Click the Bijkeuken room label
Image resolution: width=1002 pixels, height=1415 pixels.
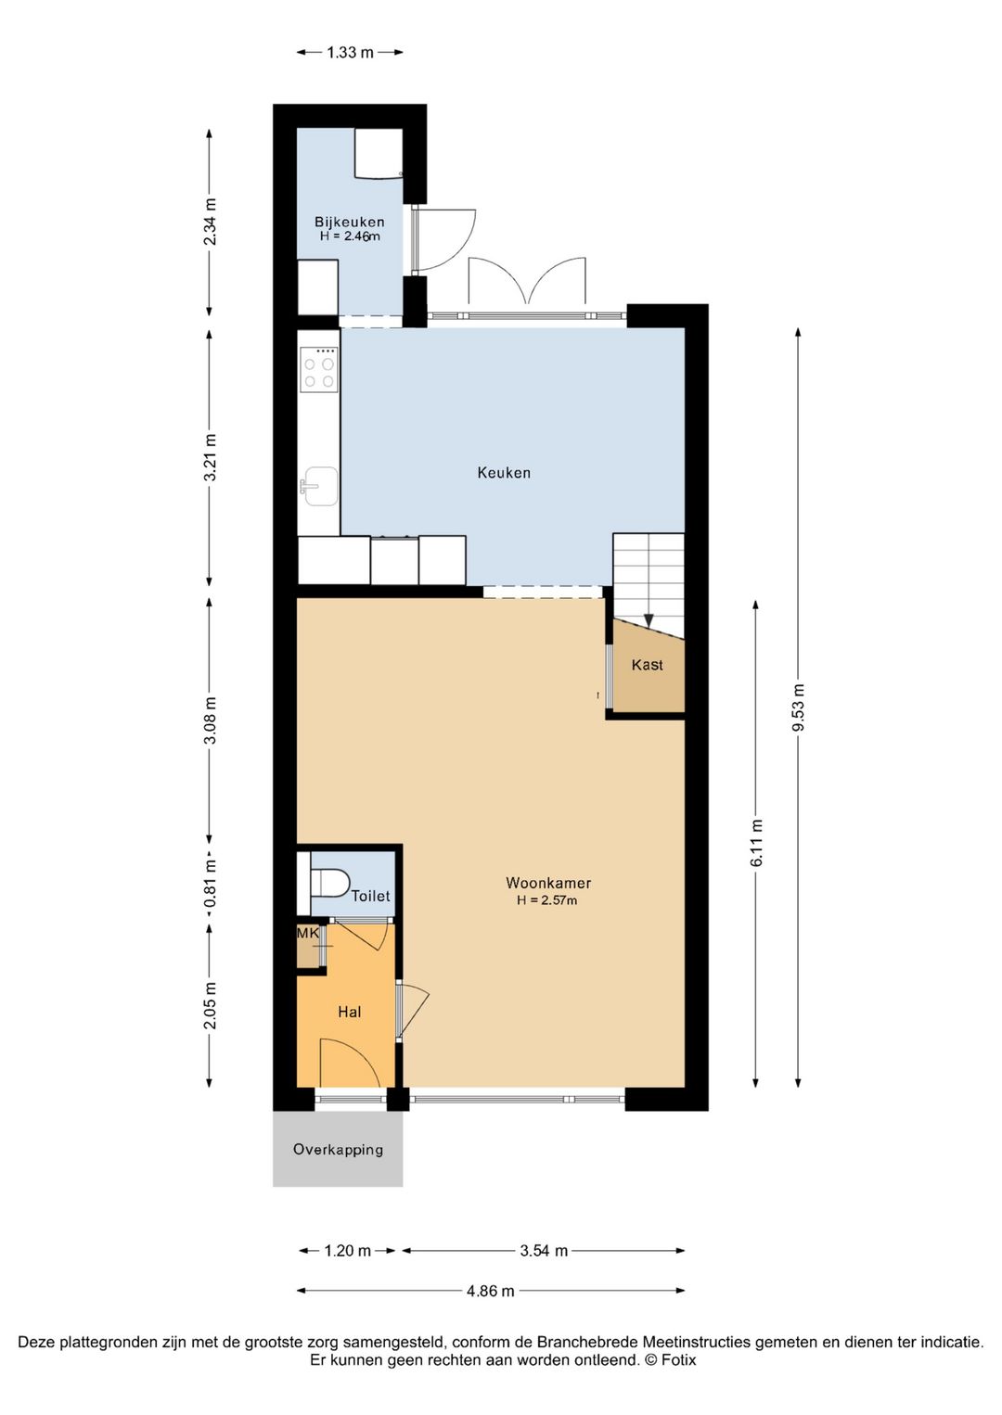click(x=350, y=222)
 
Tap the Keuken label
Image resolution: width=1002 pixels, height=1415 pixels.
click(x=504, y=473)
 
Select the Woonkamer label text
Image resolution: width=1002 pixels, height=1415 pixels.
click(x=548, y=883)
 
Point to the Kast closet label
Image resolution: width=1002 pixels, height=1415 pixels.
click(x=648, y=665)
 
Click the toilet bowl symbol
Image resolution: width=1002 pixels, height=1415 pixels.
click(x=330, y=882)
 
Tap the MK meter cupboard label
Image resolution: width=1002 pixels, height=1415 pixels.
click(x=309, y=933)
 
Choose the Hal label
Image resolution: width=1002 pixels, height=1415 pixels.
click(x=350, y=1012)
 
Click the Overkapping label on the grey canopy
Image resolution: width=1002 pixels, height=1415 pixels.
click(x=339, y=1149)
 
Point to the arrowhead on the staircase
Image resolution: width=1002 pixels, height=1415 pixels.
click(x=649, y=620)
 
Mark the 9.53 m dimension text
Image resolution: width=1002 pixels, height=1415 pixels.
click(x=799, y=707)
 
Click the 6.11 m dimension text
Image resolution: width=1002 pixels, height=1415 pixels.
click(x=757, y=843)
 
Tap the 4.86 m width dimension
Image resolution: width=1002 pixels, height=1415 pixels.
click(x=491, y=1291)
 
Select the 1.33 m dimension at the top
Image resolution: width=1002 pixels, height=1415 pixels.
click(x=350, y=53)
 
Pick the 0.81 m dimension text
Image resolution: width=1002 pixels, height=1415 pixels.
click(x=210, y=883)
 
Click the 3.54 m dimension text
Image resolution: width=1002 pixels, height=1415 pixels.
click(x=544, y=1250)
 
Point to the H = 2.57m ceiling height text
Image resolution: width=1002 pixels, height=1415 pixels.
click(x=546, y=900)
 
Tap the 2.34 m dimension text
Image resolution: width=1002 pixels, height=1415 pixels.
click(x=210, y=222)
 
